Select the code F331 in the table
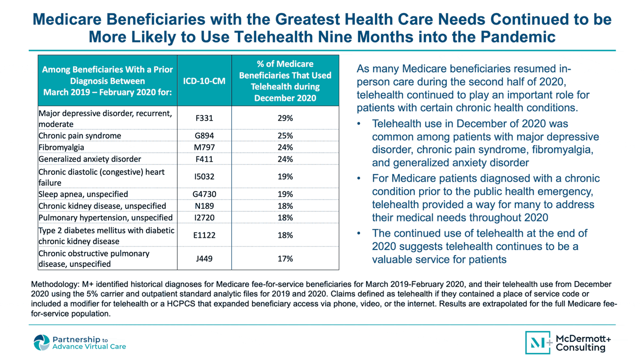point(204,118)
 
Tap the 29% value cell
point(285,118)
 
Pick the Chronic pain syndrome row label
point(80,136)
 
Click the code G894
point(204,136)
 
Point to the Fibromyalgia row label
point(61,147)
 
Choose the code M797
point(204,147)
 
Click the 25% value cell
point(285,136)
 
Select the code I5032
point(204,177)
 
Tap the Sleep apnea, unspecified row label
point(83,194)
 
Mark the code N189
point(204,206)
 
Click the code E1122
point(204,235)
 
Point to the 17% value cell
point(285,259)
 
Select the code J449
point(204,259)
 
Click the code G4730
point(204,194)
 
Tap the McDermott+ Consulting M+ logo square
point(538,343)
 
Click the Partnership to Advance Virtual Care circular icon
point(41,343)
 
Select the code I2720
point(204,218)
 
